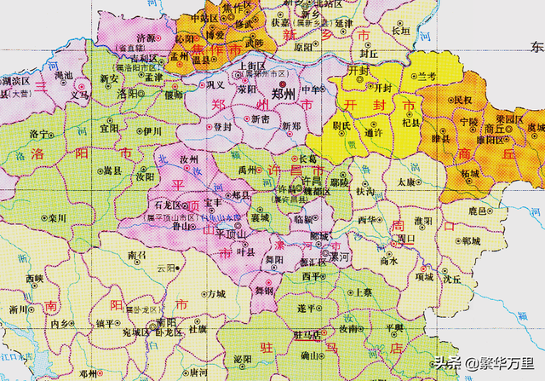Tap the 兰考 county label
(426, 77)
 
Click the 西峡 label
(34, 279)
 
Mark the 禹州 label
(247, 170)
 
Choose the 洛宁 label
(40, 135)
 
